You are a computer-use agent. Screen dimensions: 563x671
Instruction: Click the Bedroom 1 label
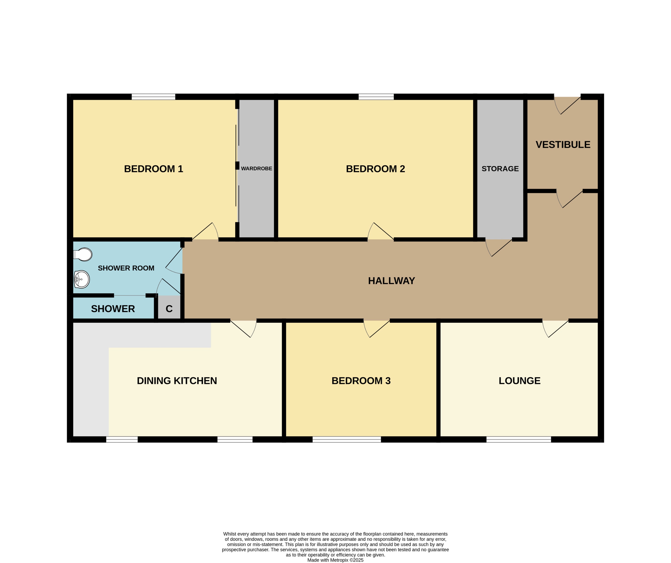[x=153, y=169]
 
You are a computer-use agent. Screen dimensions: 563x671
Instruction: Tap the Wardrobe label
[x=257, y=168]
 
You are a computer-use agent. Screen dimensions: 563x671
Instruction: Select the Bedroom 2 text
[x=376, y=169]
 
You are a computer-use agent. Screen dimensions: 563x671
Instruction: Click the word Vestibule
[x=563, y=145]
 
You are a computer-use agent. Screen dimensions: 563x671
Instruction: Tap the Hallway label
[x=391, y=281]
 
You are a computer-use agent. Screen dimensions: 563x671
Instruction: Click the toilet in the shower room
[x=83, y=254]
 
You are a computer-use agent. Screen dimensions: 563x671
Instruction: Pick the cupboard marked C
[x=169, y=309]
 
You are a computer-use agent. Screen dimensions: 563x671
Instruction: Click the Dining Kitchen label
[x=177, y=381]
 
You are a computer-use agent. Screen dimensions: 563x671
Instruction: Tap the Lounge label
[x=520, y=381]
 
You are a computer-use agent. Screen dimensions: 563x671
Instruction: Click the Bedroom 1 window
[x=153, y=97]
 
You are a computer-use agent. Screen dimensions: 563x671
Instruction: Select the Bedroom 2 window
[x=376, y=97]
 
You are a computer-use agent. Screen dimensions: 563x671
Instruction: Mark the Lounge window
[x=519, y=439]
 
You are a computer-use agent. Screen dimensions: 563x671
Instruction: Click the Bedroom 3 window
[x=347, y=439]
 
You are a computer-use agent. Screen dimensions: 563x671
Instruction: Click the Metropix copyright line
[x=335, y=560]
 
